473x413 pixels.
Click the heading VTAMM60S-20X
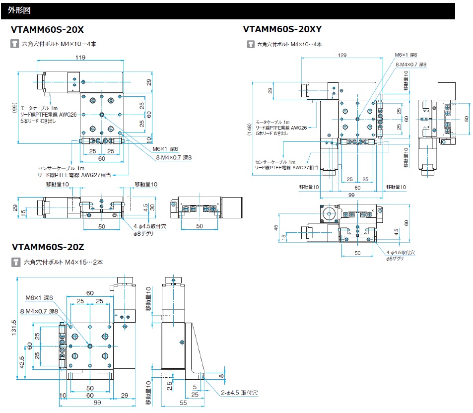pyautogui.click(x=47, y=30)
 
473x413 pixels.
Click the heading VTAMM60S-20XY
pyautogui.click(x=282, y=30)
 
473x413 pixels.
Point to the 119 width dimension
pyautogui.click(x=79, y=57)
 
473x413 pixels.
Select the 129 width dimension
pyautogui.click(x=341, y=55)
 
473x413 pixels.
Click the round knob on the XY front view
pyautogui.click(x=328, y=214)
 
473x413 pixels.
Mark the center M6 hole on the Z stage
pyautogui.click(x=89, y=345)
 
